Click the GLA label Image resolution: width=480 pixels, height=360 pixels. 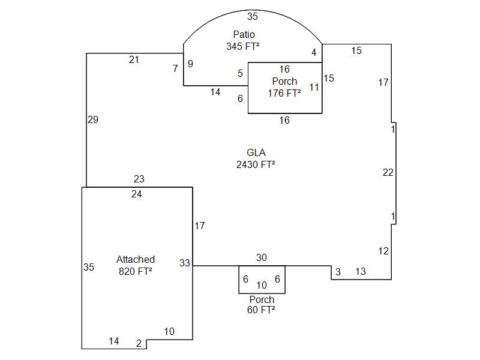point(256,152)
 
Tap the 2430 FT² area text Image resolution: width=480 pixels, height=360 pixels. point(256,164)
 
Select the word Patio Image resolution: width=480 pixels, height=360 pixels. point(244,35)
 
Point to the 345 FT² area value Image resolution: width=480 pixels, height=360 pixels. point(243,46)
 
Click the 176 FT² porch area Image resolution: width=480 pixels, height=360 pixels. point(284,93)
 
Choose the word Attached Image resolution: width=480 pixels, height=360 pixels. point(136,259)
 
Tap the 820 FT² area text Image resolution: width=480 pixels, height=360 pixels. point(136,271)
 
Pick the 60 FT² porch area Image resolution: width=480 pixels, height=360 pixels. point(261,310)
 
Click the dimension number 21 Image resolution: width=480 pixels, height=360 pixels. point(134,59)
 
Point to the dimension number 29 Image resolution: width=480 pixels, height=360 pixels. point(92,120)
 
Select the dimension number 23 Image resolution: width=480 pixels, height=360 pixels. point(139,179)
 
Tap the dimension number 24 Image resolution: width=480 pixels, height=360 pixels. point(137,194)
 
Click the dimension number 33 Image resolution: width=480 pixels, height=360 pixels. point(184,263)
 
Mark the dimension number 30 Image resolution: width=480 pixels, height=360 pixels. point(262,258)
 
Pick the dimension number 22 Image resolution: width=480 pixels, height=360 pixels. point(388,173)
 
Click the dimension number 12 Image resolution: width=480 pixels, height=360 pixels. point(383,251)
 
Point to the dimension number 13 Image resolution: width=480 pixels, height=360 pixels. point(361,272)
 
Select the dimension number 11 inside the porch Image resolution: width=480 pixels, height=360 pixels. point(314,88)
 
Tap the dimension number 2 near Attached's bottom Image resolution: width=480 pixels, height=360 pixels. point(139,344)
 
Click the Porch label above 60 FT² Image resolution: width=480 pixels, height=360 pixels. point(262,299)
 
